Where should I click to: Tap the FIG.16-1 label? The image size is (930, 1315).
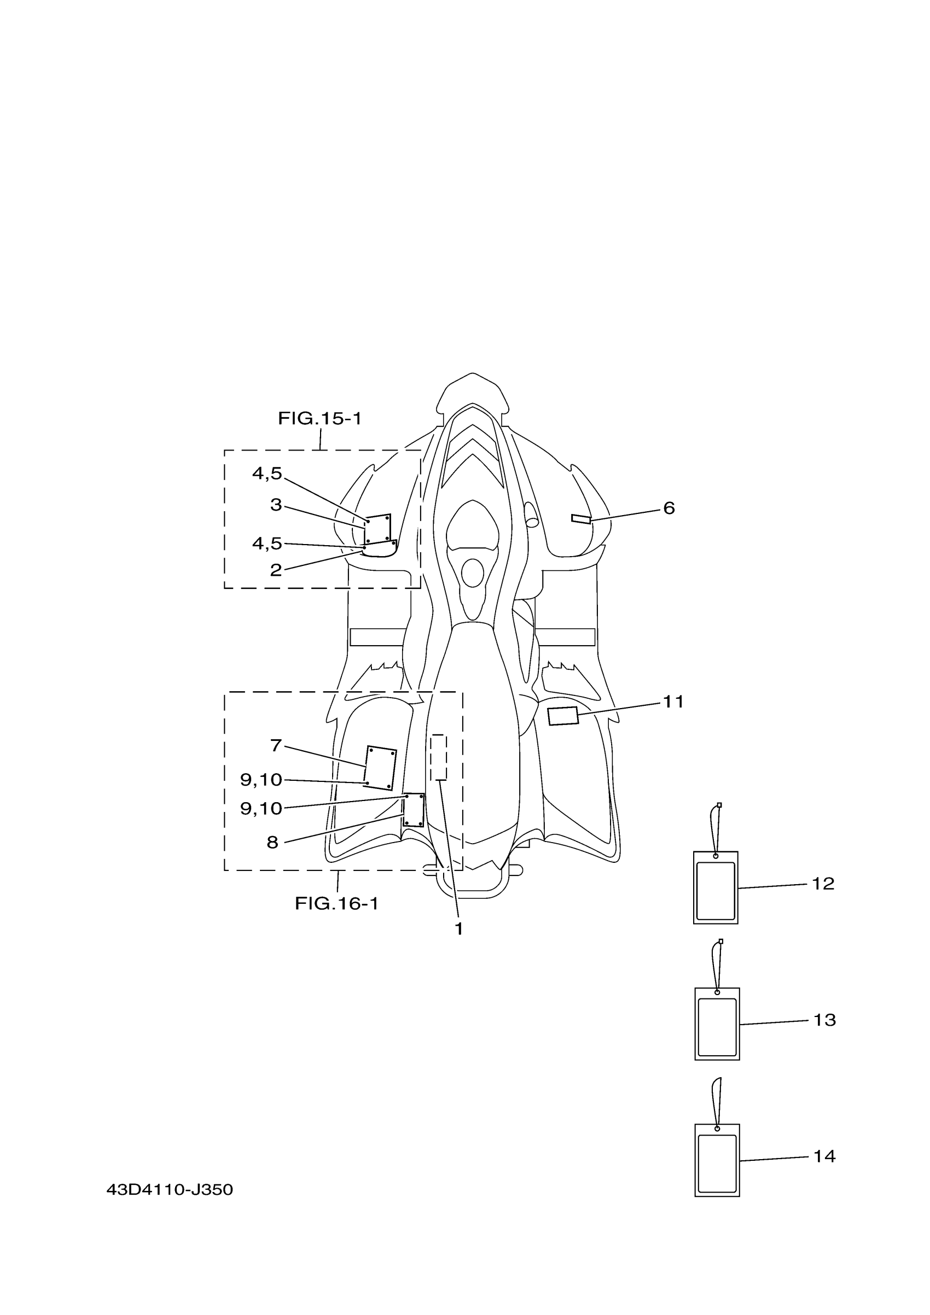click(x=336, y=904)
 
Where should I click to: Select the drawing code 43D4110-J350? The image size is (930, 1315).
click(x=170, y=1190)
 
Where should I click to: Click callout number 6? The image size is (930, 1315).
click(x=669, y=508)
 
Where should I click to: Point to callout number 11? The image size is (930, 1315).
click(x=673, y=702)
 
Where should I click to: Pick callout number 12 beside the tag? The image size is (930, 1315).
click(x=823, y=884)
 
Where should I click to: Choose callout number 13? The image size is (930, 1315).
click(x=824, y=1020)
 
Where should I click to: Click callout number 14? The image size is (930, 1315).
click(x=824, y=1156)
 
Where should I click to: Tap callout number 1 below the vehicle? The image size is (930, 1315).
click(x=458, y=929)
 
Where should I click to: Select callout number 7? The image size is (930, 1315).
click(x=276, y=745)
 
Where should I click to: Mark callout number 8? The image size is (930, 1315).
click(x=272, y=843)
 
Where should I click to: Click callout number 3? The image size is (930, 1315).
click(x=276, y=505)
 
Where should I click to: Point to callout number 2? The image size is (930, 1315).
click(x=276, y=570)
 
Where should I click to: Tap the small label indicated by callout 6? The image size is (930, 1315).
click(x=580, y=519)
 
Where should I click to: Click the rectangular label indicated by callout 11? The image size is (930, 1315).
click(x=563, y=716)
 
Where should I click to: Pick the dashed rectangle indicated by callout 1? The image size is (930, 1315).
click(x=438, y=757)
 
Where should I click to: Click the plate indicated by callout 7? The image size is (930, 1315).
click(x=380, y=768)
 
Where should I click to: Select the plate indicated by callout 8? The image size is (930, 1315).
click(x=413, y=810)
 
